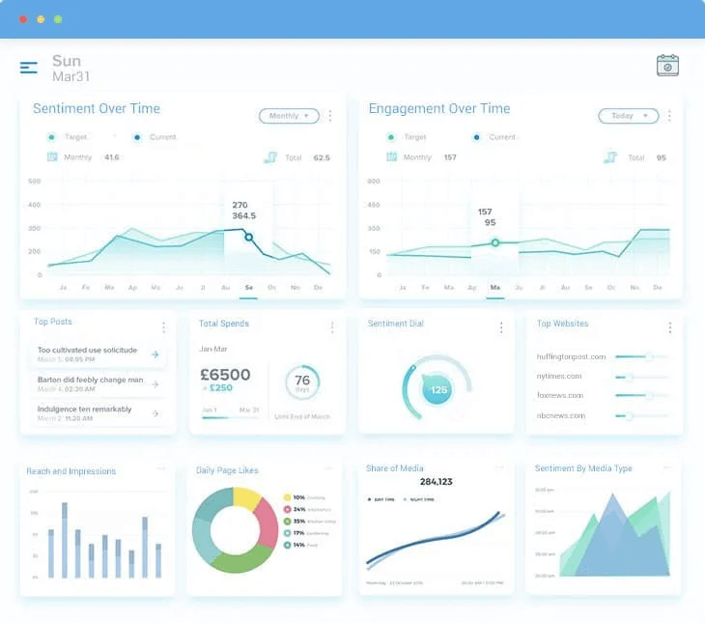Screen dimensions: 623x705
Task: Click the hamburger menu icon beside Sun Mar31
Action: click(x=29, y=68)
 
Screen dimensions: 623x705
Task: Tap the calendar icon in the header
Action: click(x=667, y=66)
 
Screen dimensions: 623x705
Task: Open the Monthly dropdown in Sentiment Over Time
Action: click(x=289, y=116)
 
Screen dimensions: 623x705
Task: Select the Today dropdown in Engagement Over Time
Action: click(x=628, y=116)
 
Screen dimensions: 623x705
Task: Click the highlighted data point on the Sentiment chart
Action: click(x=248, y=237)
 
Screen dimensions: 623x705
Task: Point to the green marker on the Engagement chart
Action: click(x=495, y=242)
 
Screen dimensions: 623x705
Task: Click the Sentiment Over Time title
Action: click(x=97, y=109)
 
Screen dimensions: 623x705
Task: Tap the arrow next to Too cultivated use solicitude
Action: click(x=155, y=354)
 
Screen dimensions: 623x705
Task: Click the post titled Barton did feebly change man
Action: click(x=90, y=380)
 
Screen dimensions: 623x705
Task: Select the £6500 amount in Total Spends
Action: click(x=225, y=375)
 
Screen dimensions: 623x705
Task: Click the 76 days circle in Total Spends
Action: click(x=302, y=382)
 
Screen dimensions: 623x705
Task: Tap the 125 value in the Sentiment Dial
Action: click(x=438, y=390)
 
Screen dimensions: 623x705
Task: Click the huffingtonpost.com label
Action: click(x=571, y=356)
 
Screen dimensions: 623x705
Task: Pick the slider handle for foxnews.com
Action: click(x=649, y=395)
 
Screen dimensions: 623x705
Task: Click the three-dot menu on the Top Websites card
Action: click(x=669, y=327)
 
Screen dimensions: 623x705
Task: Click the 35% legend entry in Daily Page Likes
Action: click(x=311, y=522)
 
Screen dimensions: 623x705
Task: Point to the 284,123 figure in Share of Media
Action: click(x=437, y=481)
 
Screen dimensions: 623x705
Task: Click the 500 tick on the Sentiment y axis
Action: click(x=35, y=182)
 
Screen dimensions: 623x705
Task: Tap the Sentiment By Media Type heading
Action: click(x=583, y=468)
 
